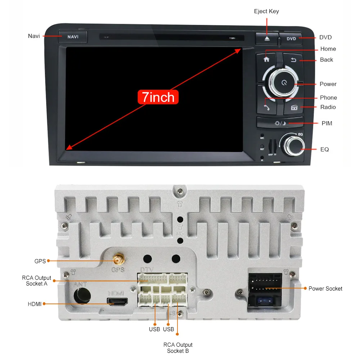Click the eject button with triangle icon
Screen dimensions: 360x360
[x=266, y=39]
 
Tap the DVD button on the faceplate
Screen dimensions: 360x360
[x=291, y=39]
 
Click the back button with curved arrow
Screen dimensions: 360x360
[x=293, y=60]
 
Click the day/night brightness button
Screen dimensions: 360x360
[x=280, y=123]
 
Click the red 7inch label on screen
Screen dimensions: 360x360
[x=158, y=97]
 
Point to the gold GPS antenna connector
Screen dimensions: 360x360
[x=117, y=260]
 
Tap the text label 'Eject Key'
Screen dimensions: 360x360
[x=266, y=11]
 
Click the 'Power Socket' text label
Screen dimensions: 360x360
[x=325, y=288]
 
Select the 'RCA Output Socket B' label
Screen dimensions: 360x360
[x=178, y=348]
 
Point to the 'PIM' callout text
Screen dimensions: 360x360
[x=327, y=123]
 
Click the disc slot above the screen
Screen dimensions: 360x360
[x=172, y=37]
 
